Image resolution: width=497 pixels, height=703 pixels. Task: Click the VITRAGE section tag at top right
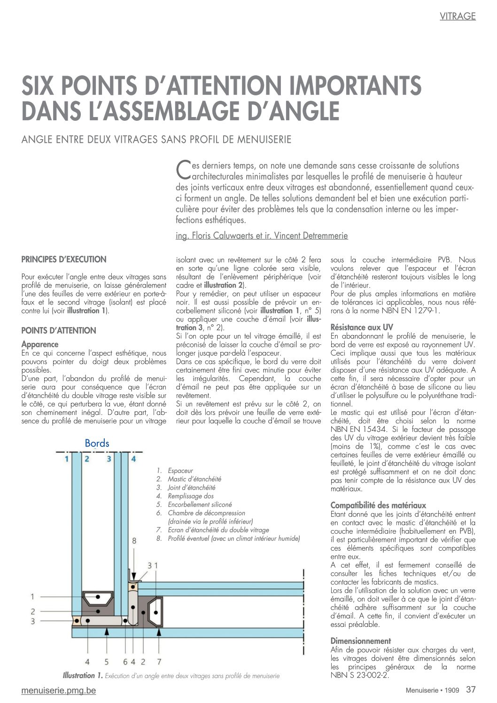pos(458,16)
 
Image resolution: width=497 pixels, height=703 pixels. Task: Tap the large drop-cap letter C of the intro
pos(182,170)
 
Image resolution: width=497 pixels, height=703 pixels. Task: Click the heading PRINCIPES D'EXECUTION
pos(64,259)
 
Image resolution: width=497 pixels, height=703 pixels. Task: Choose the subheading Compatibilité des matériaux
pos(378,505)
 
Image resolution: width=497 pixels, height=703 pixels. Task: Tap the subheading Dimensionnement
pos(360,641)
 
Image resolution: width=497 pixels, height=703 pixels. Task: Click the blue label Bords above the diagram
pos(97,443)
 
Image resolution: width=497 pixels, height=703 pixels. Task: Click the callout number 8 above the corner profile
pos(134,541)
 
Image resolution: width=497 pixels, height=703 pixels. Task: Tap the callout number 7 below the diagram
pos(159,662)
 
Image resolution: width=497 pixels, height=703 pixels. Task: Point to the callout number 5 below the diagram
pos(107,662)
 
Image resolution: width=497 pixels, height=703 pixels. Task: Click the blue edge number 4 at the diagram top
pos(133,459)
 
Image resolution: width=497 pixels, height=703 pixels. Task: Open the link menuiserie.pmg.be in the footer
pos(59,690)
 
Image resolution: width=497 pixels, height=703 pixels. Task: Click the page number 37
pos(471,690)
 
